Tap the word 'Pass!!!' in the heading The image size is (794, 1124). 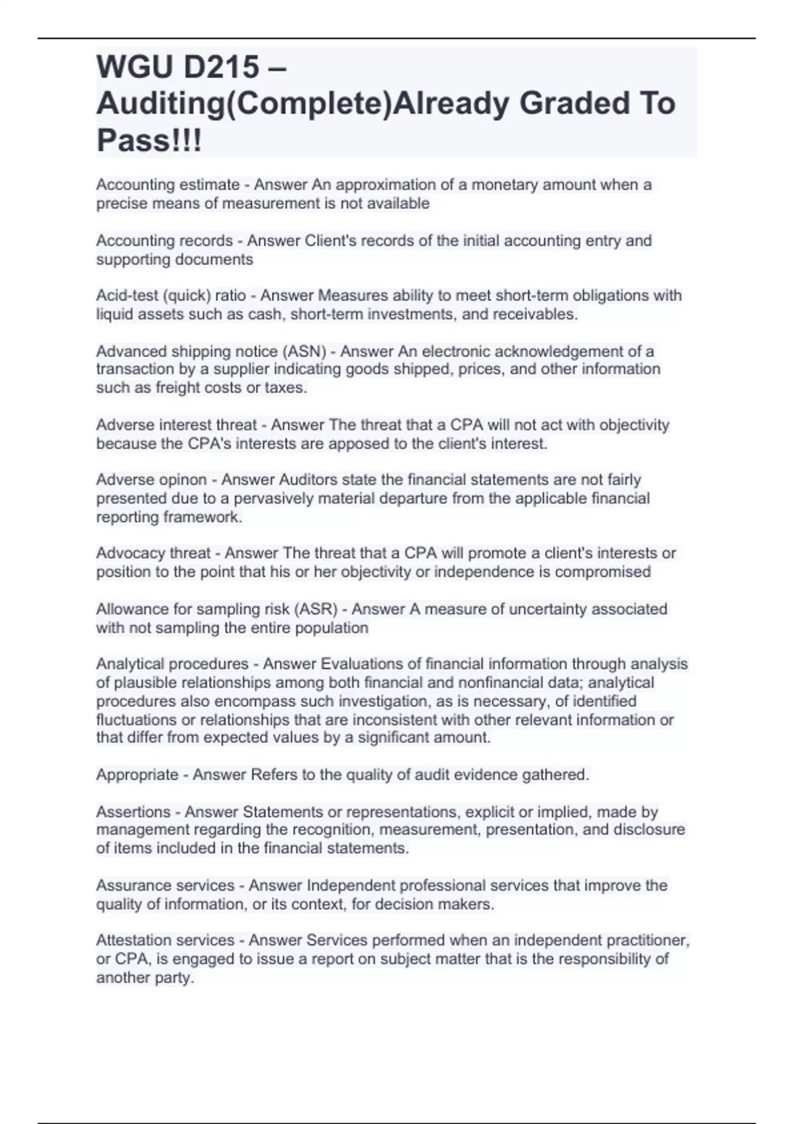149,140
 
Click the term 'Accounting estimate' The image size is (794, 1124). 168,184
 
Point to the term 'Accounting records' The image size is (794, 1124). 164,240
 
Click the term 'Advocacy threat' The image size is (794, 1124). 154,553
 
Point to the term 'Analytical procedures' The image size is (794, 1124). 172,663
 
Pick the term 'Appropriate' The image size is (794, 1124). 137,774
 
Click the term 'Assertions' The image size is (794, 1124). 133,811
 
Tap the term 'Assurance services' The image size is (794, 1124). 165,885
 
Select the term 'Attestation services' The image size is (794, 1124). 165,940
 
